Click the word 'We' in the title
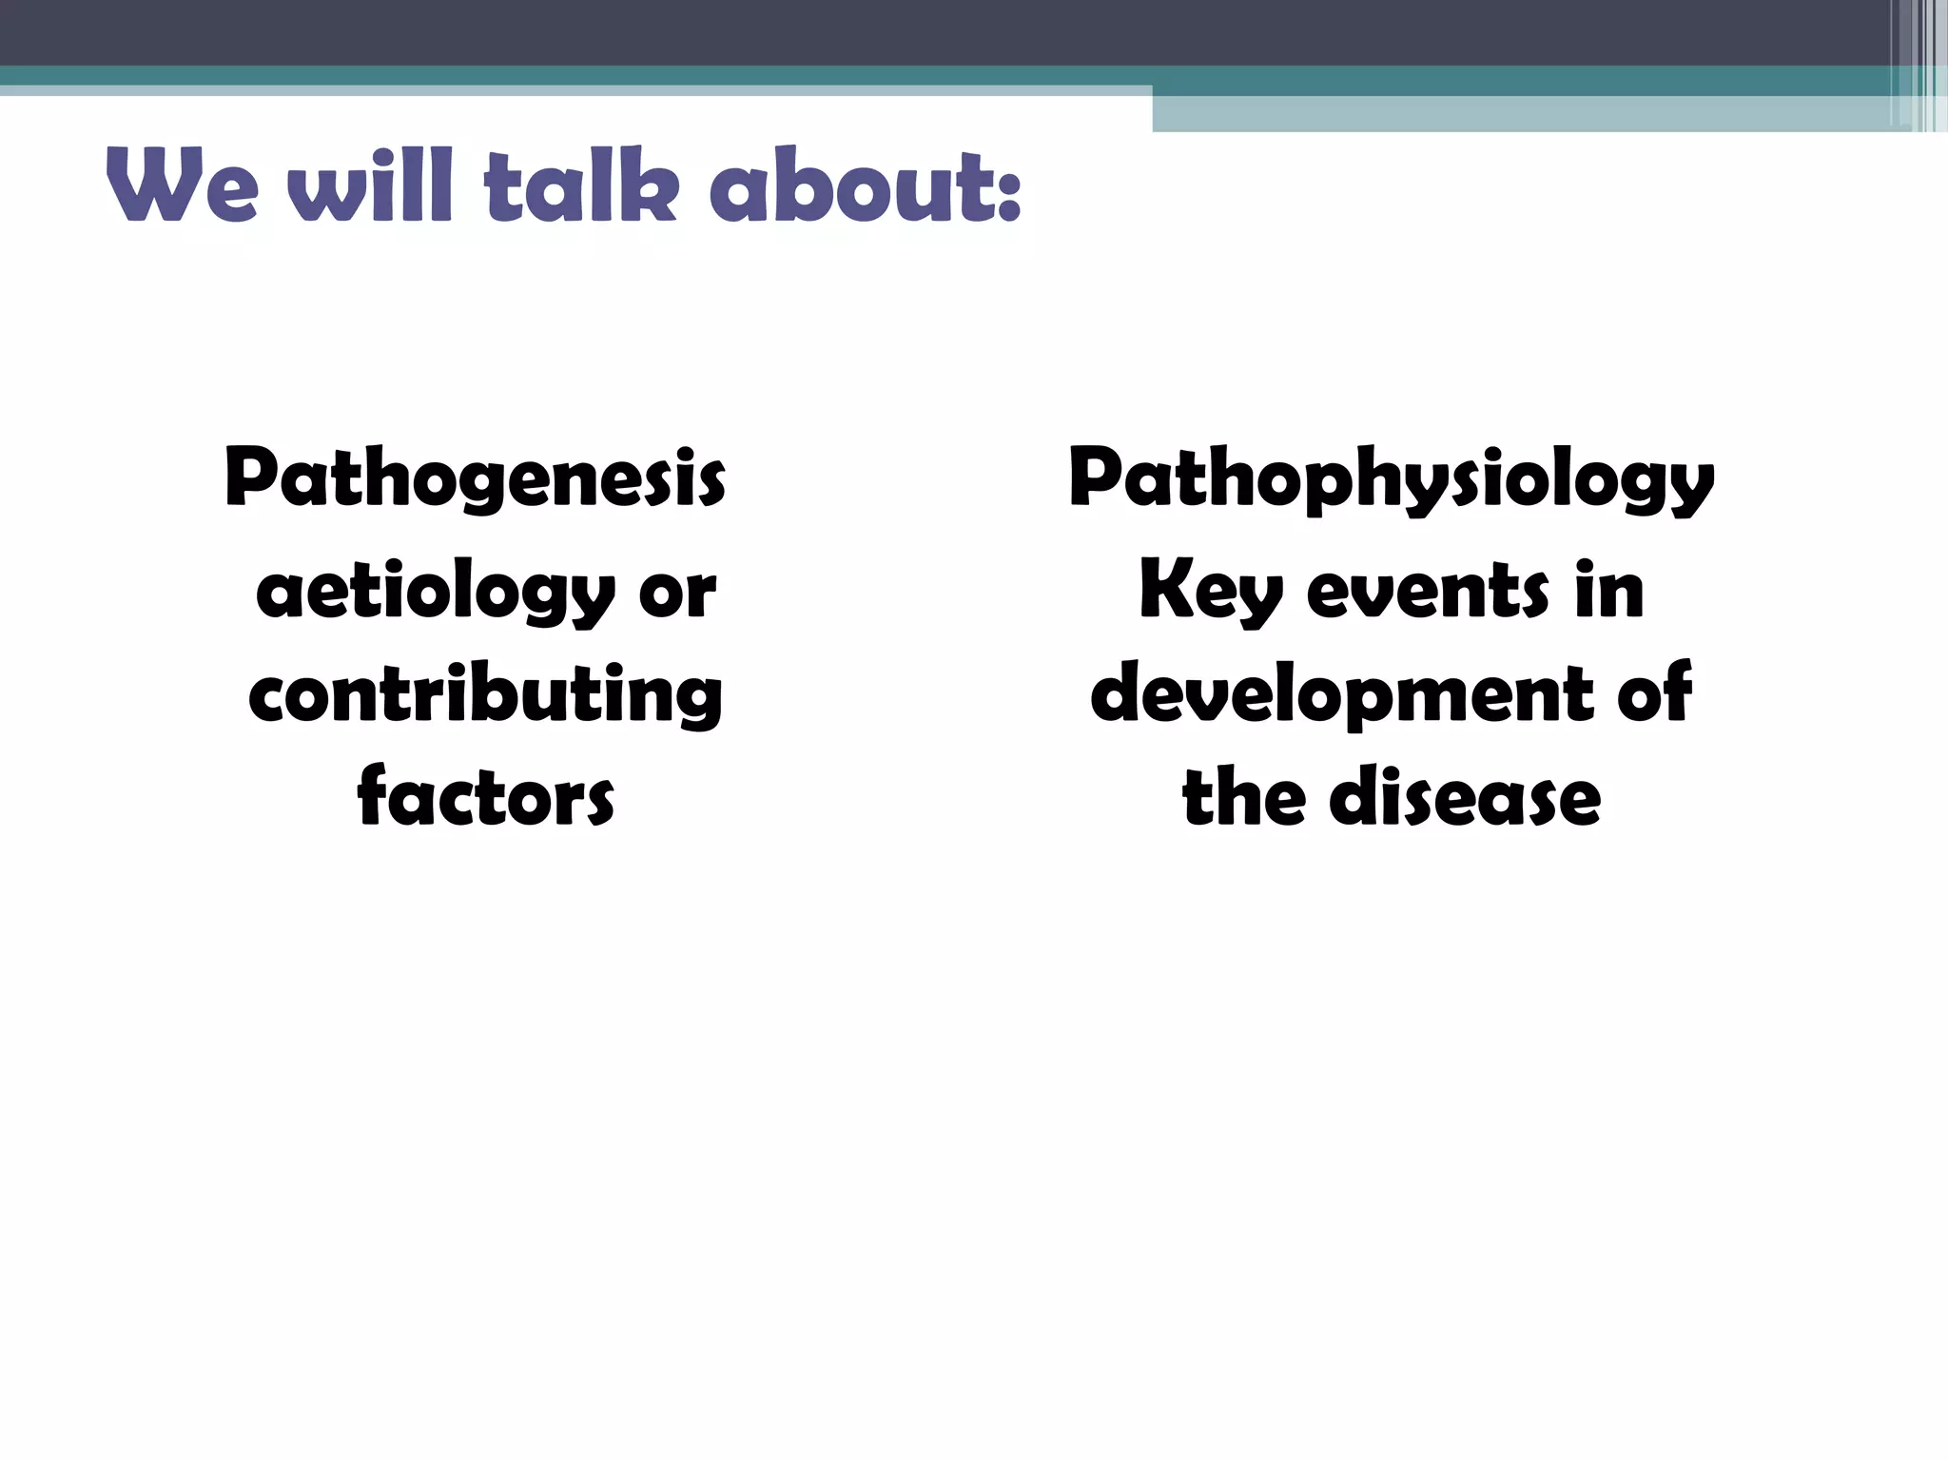pyautogui.click(x=181, y=187)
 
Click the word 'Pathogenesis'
pyautogui.click(x=476, y=479)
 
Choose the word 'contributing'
pyautogui.click(x=485, y=695)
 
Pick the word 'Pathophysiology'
pyautogui.click(x=1391, y=479)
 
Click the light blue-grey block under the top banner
pyautogui.click(x=1522, y=114)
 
